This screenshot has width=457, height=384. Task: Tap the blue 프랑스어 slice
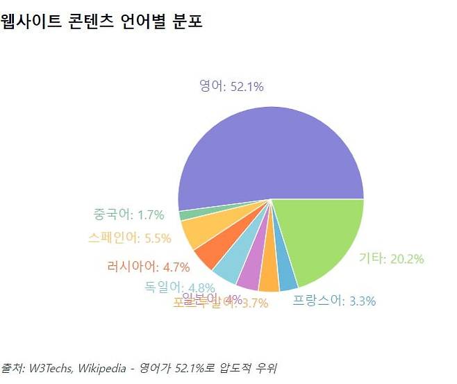pyautogui.click(x=286, y=274)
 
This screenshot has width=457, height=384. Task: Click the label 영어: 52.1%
pyautogui.click(x=231, y=87)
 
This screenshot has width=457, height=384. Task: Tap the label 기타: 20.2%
pyautogui.click(x=391, y=259)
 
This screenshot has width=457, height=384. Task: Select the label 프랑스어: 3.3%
pyautogui.click(x=334, y=301)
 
